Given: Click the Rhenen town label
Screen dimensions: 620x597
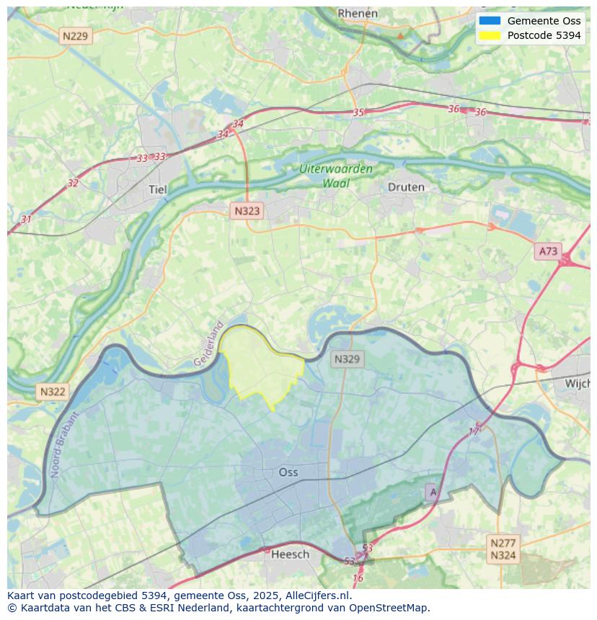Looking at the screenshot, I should click(x=358, y=13).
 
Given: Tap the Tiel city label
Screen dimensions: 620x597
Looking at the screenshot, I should click(x=157, y=189).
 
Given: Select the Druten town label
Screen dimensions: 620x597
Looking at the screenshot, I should click(x=406, y=187).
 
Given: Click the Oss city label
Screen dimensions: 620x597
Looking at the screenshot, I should click(x=288, y=472).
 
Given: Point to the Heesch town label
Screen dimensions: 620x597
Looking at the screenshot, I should click(x=290, y=554).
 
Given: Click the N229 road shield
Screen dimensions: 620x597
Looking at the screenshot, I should click(x=76, y=35).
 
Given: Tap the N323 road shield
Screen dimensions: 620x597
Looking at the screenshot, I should click(x=247, y=211).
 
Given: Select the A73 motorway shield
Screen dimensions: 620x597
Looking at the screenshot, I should click(x=548, y=251).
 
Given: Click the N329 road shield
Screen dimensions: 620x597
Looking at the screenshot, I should click(x=348, y=359).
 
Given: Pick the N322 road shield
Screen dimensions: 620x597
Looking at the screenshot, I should click(x=53, y=392).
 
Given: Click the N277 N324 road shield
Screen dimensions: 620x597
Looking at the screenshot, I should click(x=503, y=549).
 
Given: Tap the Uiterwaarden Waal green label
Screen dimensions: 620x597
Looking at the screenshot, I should click(x=337, y=176).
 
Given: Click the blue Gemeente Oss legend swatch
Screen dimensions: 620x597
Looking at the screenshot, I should click(x=490, y=20).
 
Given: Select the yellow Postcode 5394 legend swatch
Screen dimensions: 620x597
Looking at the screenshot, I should click(x=490, y=35).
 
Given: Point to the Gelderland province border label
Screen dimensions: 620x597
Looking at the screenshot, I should click(x=208, y=343).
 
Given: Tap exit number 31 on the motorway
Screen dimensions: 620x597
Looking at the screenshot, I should click(x=27, y=219).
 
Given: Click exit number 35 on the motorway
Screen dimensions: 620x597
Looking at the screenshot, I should click(x=358, y=112).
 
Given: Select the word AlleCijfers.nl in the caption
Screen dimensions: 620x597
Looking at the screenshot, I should click(x=317, y=596).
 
